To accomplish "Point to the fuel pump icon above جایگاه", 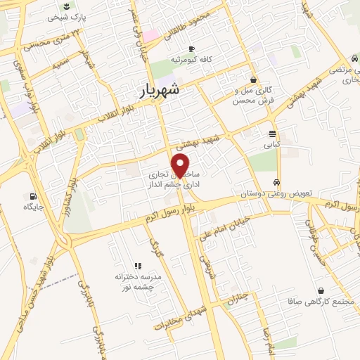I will [32, 176].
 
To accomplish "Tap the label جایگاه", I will [33, 188].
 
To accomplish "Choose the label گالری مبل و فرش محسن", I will [252, 95].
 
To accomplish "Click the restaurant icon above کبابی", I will [271, 134].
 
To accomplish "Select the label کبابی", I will [271, 146].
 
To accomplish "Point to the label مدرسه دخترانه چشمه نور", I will [139, 283].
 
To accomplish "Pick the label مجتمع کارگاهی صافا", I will [321, 302].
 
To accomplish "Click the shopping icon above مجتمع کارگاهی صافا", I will [321, 290].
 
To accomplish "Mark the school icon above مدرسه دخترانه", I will [138, 266].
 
